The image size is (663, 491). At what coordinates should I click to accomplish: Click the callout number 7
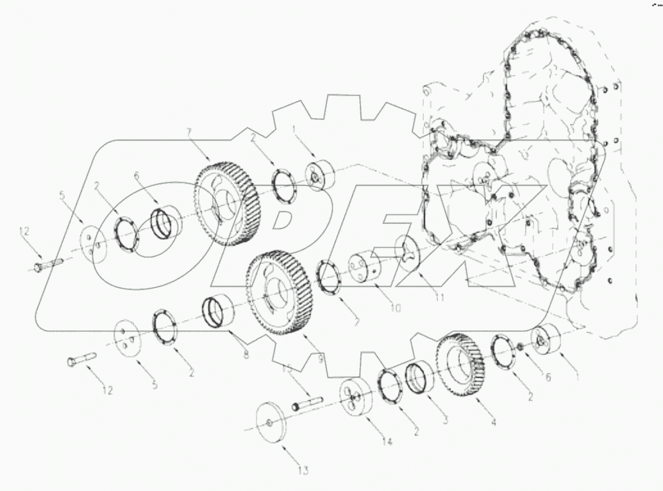[x=189, y=132]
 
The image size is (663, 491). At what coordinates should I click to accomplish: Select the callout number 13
[x=303, y=472]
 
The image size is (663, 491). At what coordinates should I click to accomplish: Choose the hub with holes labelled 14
[x=356, y=401]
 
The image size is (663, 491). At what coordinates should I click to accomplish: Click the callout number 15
[x=287, y=370]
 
